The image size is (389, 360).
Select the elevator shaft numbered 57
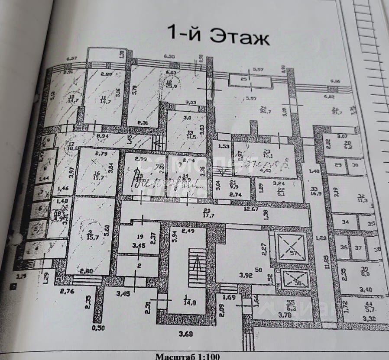coord(291,248)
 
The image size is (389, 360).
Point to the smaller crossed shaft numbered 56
coord(295,280)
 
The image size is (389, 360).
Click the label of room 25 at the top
coord(243,79)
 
